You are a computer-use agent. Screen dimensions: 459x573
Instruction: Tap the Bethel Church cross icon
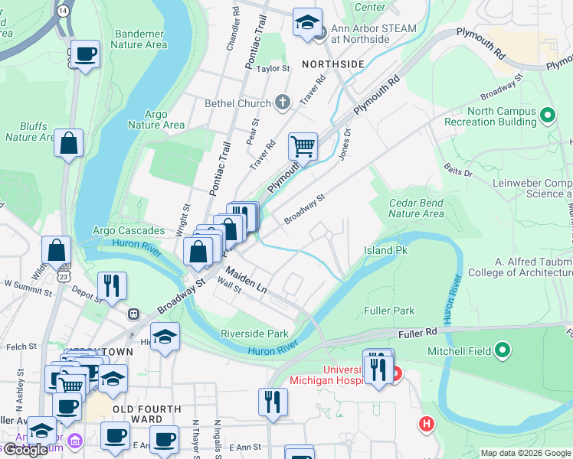pos(283,103)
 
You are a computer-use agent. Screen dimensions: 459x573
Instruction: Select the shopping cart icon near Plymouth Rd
pos(303,145)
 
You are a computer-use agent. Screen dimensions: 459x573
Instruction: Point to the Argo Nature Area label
pos(156,120)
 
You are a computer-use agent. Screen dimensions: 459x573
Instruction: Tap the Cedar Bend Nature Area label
pos(416,208)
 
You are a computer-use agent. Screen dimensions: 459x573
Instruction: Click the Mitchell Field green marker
pos(503,350)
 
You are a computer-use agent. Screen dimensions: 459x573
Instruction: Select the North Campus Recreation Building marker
pos(547,116)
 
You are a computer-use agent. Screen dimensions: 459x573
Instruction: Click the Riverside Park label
pos(254,334)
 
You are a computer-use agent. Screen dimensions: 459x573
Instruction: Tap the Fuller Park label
pos(389,311)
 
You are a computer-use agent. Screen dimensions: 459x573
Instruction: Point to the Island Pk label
pos(385,250)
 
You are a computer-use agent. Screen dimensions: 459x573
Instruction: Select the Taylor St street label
pos(273,68)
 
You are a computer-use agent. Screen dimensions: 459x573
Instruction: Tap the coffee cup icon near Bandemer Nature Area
pos(86,54)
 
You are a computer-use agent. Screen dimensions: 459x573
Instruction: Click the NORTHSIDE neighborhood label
pos(332,64)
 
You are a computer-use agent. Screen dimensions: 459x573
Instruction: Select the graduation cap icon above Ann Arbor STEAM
pos(308,21)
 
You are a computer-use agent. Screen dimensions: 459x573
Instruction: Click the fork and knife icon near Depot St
pos(113,285)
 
